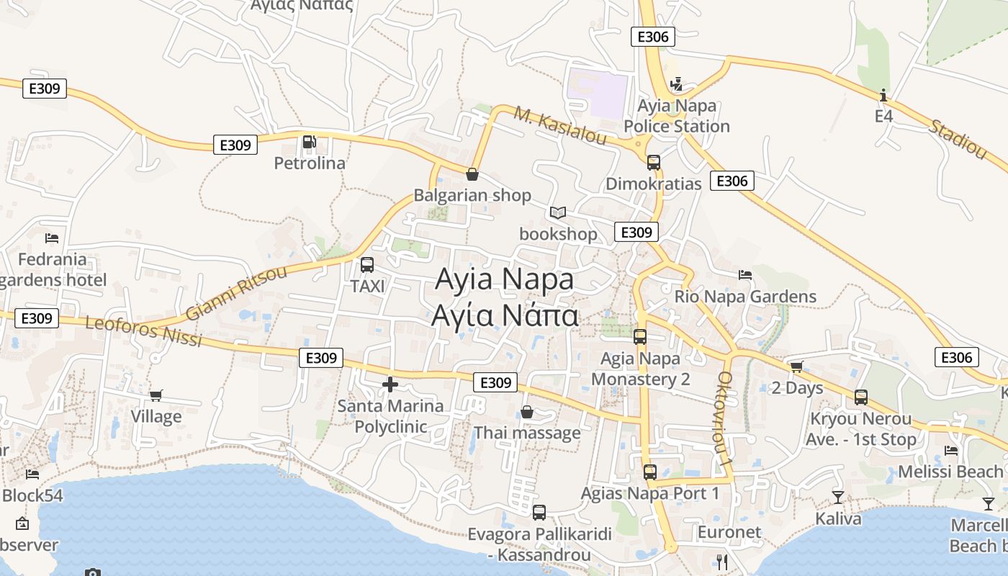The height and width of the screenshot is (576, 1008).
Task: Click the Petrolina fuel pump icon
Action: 309,142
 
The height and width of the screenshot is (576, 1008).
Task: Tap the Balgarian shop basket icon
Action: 472,174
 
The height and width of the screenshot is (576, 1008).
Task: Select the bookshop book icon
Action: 558,212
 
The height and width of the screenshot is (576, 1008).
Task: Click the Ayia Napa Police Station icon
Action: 675,85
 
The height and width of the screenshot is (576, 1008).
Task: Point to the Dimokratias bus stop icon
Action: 654,163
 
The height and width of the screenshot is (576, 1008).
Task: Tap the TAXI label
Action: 367,287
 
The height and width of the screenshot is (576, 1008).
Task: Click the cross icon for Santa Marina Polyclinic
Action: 390,384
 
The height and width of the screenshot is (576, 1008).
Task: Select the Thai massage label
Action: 527,433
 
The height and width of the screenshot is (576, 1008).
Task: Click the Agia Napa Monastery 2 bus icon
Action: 640,336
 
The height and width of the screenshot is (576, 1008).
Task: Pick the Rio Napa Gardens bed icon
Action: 745,274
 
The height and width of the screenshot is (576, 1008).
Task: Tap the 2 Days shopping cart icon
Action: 796,367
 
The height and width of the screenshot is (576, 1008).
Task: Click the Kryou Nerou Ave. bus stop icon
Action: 861,397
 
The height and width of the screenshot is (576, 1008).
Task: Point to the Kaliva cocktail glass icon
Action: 838,497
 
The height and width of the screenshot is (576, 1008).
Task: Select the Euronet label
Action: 729,532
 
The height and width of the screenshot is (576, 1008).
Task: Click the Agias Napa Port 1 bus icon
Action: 650,472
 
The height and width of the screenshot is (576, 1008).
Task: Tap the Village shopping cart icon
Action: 156,395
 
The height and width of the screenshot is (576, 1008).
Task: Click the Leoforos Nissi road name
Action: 143,330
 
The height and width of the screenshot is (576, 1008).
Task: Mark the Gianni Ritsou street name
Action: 236,292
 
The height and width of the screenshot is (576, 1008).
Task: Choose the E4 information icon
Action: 883,95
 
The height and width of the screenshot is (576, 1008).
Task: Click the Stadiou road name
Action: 958,139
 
